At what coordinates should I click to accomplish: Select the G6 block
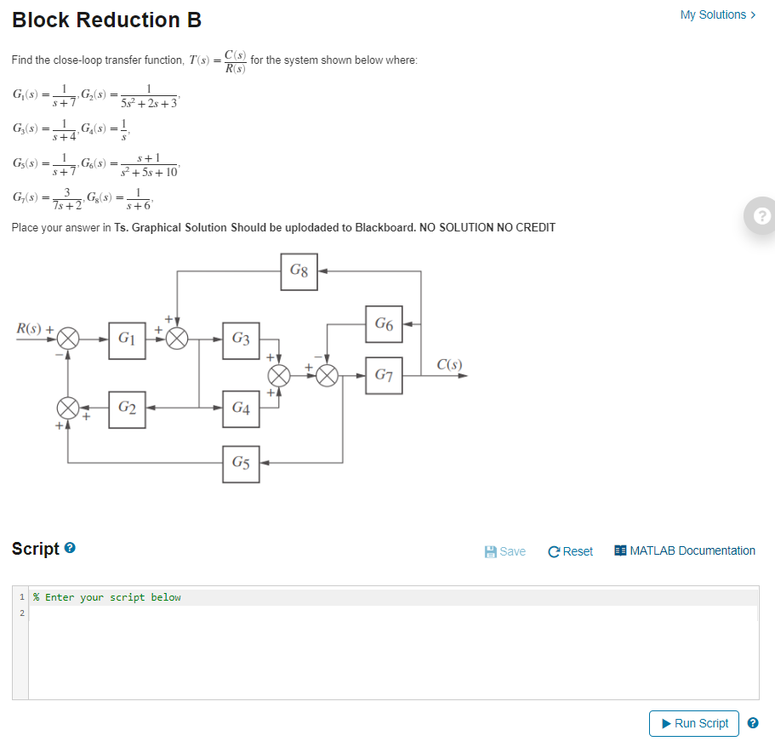(x=383, y=324)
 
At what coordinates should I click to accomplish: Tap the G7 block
(x=383, y=374)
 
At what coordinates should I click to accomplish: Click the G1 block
(x=127, y=338)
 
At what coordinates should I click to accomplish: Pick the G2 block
(x=127, y=408)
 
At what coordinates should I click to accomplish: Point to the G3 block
(x=241, y=339)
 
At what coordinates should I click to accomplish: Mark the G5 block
(x=241, y=463)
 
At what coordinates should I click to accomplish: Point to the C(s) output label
(x=449, y=365)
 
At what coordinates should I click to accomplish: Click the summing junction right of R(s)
(x=69, y=338)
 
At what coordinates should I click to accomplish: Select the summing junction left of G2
(x=69, y=408)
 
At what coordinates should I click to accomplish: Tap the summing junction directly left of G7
(x=328, y=374)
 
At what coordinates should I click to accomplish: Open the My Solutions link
(x=717, y=14)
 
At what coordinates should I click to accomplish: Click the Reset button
(x=571, y=551)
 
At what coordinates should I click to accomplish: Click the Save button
(x=504, y=551)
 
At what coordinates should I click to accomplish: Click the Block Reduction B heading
(x=107, y=20)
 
